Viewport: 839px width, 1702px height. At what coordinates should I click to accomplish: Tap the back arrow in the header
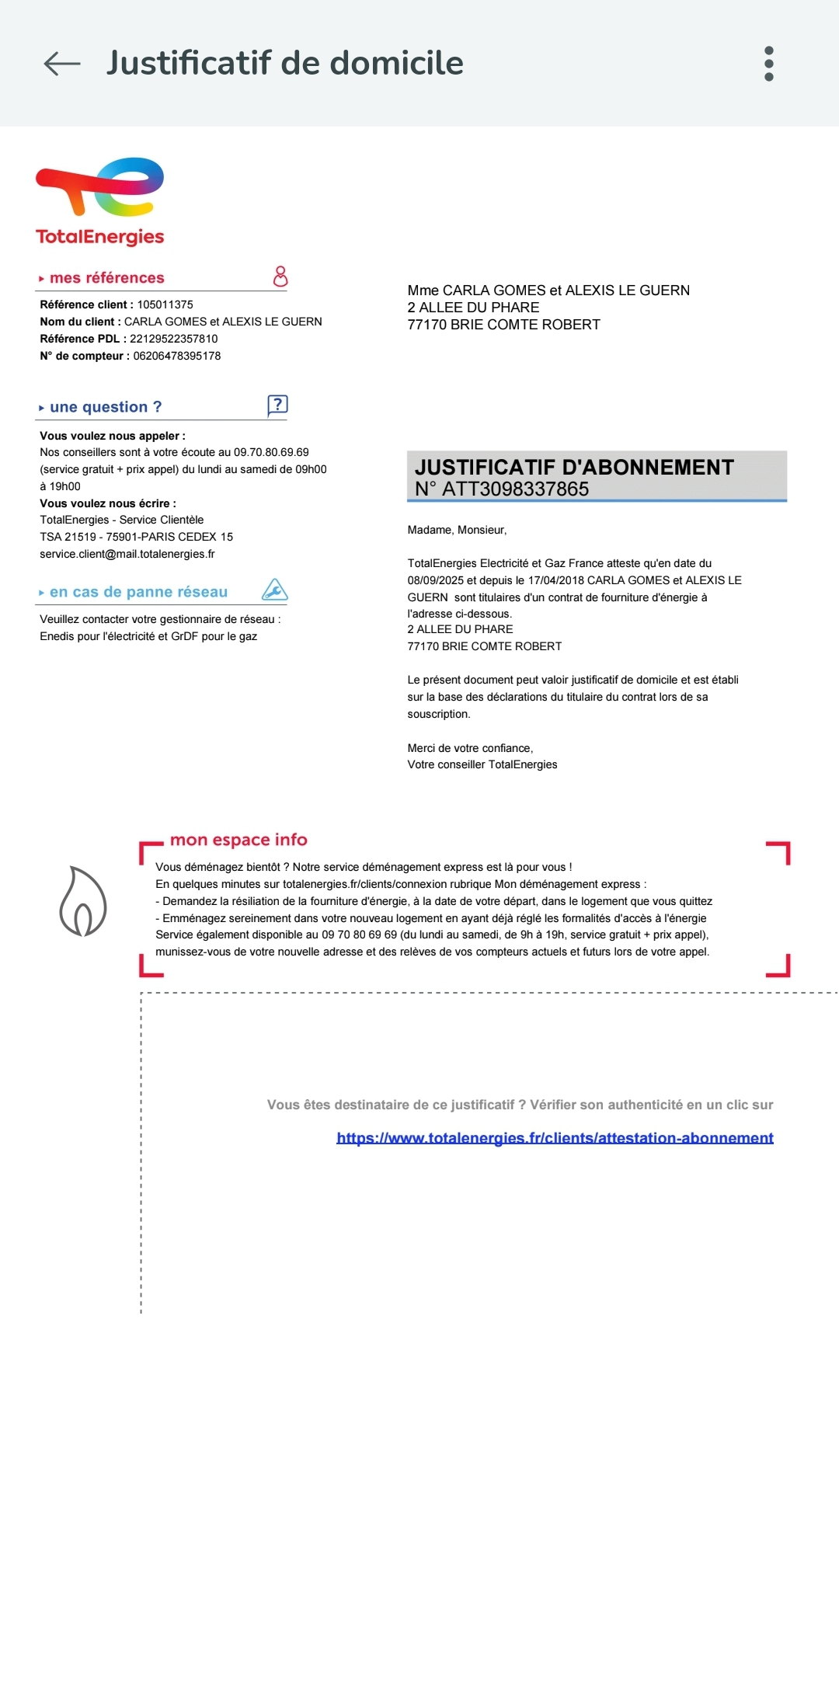tap(62, 64)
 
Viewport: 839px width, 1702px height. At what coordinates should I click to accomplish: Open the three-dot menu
tap(769, 64)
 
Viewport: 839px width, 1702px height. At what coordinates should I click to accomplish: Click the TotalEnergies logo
tap(100, 201)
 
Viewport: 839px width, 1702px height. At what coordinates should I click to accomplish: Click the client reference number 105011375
tap(165, 305)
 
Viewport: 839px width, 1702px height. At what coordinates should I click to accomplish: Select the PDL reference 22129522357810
tap(173, 339)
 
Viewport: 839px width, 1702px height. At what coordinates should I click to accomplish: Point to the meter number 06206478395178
tap(176, 356)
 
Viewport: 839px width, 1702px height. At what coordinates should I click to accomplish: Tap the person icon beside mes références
tap(280, 277)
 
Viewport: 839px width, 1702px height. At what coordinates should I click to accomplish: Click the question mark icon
tap(277, 405)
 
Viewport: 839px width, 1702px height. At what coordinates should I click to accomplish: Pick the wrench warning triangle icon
tap(274, 590)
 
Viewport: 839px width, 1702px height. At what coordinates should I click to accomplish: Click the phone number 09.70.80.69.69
tap(271, 452)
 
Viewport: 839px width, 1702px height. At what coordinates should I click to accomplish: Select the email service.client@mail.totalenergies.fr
tap(127, 554)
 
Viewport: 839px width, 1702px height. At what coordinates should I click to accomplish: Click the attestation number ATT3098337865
tap(515, 489)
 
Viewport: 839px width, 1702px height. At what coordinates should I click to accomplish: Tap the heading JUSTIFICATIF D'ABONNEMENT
tap(574, 467)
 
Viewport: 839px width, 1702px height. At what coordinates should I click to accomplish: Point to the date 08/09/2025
tap(435, 580)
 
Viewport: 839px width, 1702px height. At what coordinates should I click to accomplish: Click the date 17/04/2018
tap(555, 580)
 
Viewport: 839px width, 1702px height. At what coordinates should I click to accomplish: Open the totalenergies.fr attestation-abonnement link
tap(555, 1138)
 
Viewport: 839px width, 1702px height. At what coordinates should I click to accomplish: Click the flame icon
tap(82, 902)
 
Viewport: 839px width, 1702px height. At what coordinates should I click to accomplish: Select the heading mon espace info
tap(238, 840)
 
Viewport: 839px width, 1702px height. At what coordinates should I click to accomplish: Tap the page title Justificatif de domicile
tap(285, 63)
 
